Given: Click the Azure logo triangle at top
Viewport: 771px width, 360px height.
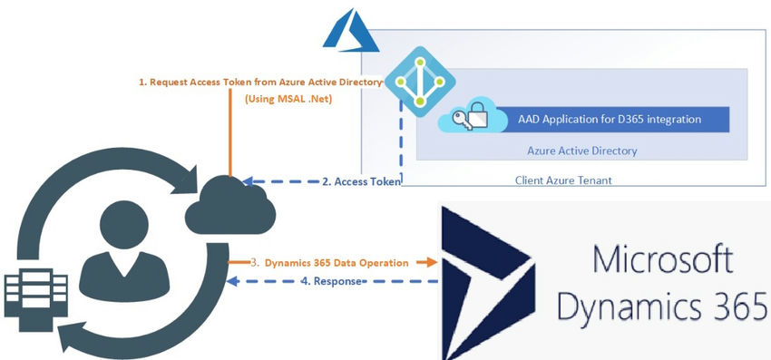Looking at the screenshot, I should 343,34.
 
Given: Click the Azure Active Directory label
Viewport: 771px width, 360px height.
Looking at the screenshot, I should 581,151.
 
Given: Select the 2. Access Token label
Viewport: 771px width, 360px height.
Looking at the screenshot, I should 361,181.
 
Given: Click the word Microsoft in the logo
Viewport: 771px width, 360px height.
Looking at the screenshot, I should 662,263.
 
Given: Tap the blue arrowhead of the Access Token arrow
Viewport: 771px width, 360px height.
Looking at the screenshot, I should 238,180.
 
